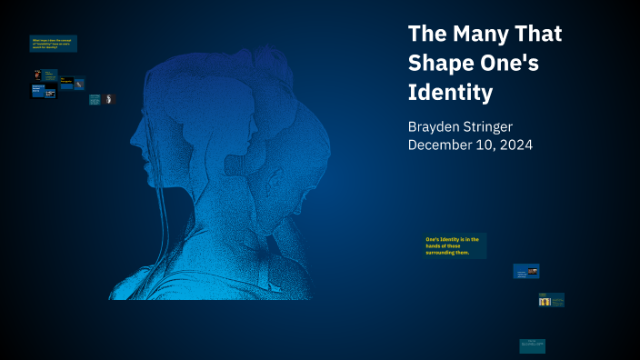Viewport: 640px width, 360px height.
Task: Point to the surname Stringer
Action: (509, 125)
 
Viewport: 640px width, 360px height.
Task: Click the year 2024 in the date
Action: (512, 145)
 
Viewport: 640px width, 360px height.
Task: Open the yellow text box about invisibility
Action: (53, 43)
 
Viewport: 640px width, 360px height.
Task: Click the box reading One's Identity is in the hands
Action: (455, 245)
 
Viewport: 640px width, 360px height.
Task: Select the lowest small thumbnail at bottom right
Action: (532, 345)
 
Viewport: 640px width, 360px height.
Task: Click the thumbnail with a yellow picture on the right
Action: (550, 300)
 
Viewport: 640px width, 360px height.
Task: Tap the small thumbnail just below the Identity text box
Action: (525, 271)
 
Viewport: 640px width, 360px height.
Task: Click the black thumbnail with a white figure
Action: (108, 98)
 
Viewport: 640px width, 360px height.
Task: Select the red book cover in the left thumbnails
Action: (37, 74)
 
